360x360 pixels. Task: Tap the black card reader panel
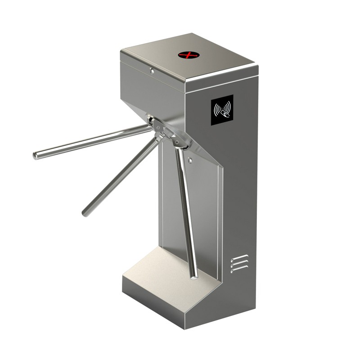pyautogui.click(x=222, y=109)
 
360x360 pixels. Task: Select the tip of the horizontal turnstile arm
pyautogui.click(x=36, y=156)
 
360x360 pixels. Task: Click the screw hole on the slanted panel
pyautogui.click(x=191, y=159)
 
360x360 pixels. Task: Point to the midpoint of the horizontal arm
pyautogui.click(x=92, y=142)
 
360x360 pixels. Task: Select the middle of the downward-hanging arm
pyautogui.click(x=187, y=211)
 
